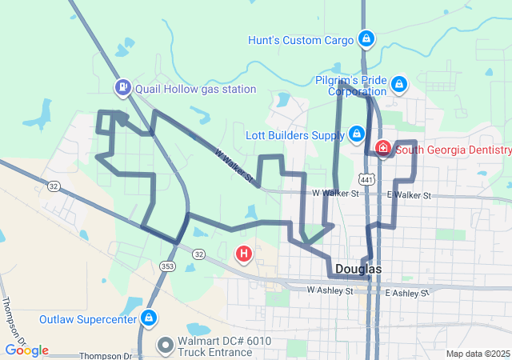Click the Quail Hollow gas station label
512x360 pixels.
(195, 90)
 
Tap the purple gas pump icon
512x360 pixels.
(122, 86)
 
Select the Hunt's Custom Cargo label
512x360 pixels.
(300, 40)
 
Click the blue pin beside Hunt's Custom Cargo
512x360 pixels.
(366, 38)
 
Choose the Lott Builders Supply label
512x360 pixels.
(294, 135)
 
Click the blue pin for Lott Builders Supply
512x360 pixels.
(357, 134)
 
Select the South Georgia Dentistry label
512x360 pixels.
(453, 150)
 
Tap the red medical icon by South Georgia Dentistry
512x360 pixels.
(383, 149)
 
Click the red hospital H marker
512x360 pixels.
(244, 255)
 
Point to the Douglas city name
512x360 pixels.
(358, 269)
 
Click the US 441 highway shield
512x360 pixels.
(366, 181)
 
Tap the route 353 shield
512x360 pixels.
(166, 266)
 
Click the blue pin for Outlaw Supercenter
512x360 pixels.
(148, 318)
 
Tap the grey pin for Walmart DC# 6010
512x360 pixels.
(166, 346)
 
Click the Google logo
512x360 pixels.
(26, 350)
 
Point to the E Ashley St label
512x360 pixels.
(408, 294)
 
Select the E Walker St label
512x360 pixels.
(409, 195)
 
